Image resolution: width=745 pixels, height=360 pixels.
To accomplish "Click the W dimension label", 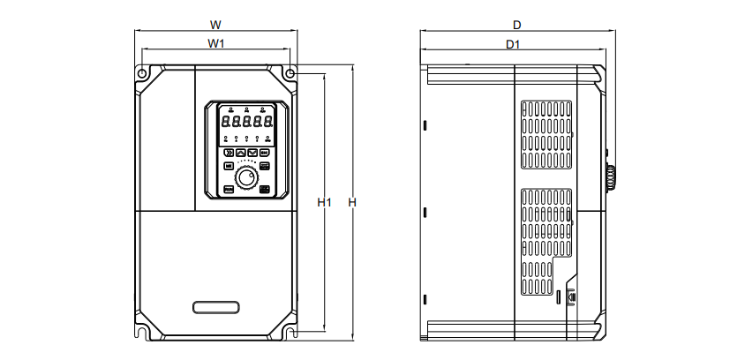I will tap(215, 24).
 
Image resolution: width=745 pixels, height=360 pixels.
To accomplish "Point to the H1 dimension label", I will tap(324, 203).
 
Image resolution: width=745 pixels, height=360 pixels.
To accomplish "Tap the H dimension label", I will tap(351, 203).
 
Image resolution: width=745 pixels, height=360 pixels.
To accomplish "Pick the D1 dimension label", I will tap(513, 43).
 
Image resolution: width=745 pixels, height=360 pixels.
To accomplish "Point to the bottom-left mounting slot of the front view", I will tap(141, 333).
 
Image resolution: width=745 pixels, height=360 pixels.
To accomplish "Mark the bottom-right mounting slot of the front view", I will tap(289, 333).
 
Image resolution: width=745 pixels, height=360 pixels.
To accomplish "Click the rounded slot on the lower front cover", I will tap(215, 307).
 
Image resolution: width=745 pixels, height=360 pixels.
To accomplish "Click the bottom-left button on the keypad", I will tap(229, 189).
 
